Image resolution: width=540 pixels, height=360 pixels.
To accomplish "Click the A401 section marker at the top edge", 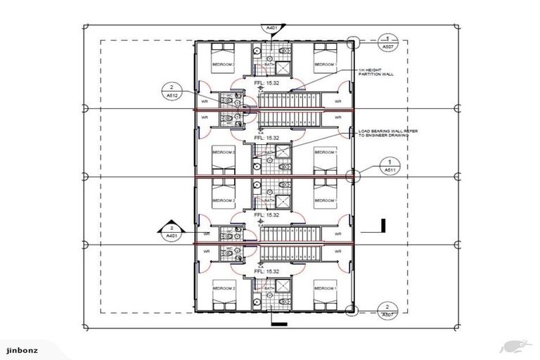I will pyautogui.click(x=272, y=28).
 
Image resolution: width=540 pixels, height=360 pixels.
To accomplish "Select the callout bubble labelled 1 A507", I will pyautogui.click(x=387, y=41).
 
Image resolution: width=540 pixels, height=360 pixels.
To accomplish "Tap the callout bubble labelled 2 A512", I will pyautogui.click(x=171, y=91).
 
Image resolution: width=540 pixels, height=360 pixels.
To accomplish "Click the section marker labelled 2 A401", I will pyautogui.click(x=171, y=232).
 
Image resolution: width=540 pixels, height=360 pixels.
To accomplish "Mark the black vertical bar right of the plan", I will pyautogui.click(x=383, y=226).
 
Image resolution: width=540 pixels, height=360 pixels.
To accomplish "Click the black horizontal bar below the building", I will pyautogui.click(x=278, y=323).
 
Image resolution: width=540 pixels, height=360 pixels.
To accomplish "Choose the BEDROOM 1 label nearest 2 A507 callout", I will pyautogui.click(x=325, y=288).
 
